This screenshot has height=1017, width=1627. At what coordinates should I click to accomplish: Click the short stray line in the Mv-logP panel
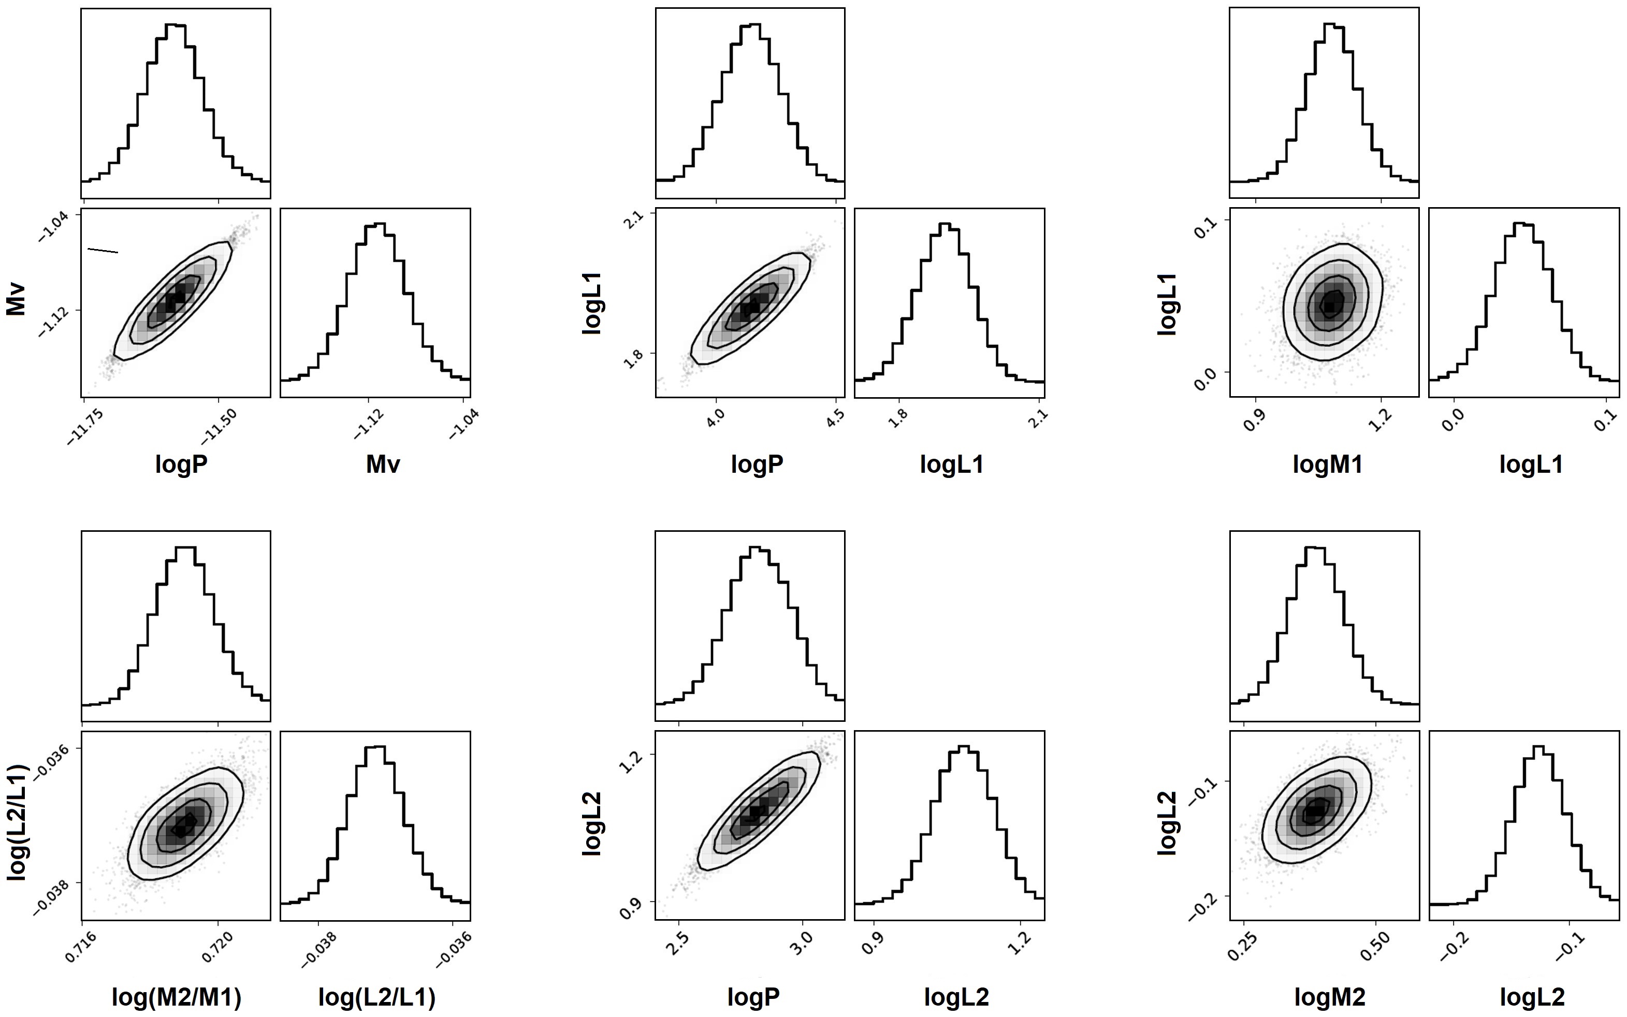coord(103,251)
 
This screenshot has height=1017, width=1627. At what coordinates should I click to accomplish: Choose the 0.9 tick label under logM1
coord(1254,420)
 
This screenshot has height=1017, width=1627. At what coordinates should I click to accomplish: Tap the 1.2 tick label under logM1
coord(1379,420)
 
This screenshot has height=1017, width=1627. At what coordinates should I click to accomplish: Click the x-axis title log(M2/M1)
coord(176,997)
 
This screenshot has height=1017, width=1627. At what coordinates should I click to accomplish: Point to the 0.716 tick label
coord(80,947)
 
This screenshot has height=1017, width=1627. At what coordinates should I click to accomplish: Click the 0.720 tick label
coord(216,947)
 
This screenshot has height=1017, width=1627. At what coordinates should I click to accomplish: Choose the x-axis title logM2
coord(1330,997)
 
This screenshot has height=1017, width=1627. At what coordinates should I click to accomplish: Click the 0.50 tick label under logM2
coord(1373,947)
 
